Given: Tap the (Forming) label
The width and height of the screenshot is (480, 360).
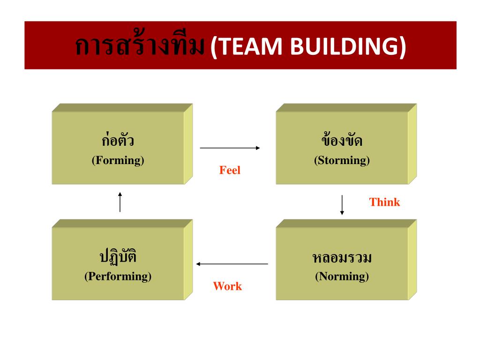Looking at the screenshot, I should [x=118, y=160].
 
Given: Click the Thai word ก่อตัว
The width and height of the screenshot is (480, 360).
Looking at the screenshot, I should [x=118, y=141].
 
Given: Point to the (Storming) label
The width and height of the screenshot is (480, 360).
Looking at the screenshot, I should [x=342, y=160].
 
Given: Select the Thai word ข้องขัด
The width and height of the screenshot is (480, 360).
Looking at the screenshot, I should [x=342, y=141].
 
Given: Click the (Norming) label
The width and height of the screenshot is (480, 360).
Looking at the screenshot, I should [x=342, y=277].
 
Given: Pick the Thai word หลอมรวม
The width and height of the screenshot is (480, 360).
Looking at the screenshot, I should [x=342, y=258].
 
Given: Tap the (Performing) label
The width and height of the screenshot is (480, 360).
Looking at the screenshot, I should [x=118, y=277].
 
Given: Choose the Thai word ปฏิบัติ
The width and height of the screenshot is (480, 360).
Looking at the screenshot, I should [x=118, y=257].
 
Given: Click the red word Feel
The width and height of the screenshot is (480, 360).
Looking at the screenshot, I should [x=230, y=171].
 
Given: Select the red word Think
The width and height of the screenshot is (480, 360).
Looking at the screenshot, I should [x=384, y=202].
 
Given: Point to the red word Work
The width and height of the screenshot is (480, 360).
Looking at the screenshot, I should [x=227, y=286].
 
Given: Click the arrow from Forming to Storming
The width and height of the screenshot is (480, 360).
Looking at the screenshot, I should [x=230, y=148].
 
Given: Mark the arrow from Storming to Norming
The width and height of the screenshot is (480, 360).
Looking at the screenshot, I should [x=342, y=205].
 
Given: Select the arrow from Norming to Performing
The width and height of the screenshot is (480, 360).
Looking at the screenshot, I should [x=232, y=264].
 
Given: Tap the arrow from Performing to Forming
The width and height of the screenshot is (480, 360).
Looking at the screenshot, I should [x=120, y=202].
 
